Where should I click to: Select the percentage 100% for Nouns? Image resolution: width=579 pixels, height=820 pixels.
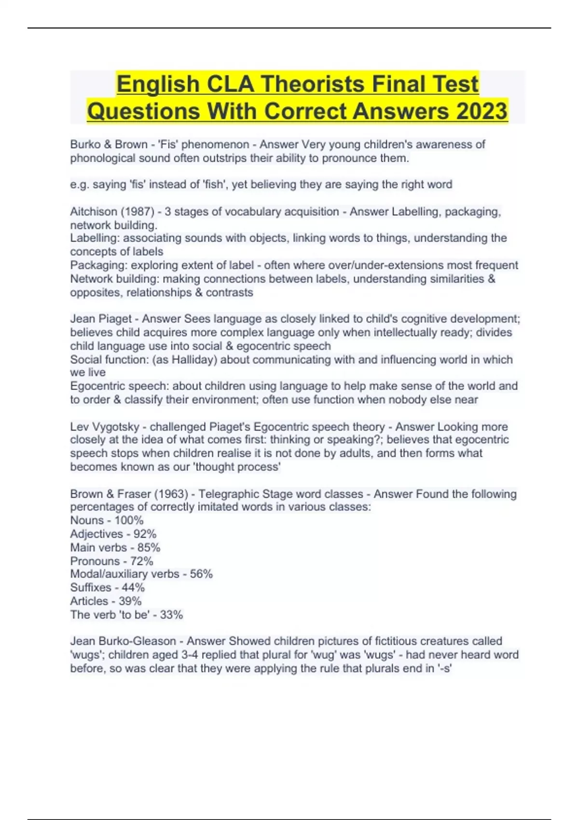click(129, 520)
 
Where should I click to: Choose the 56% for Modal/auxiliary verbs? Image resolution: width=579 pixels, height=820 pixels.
click(201, 574)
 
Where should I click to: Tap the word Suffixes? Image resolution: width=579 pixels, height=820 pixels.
click(91, 588)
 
